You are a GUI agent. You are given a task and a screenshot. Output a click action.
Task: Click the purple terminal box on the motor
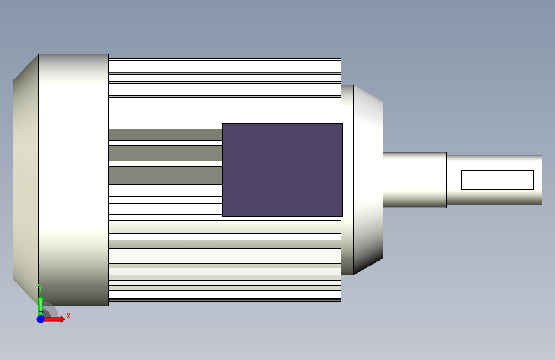(282, 170)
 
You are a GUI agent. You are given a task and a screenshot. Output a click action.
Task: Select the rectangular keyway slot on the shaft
(497, 180)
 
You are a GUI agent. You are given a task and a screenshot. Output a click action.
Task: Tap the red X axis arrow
(53, 319)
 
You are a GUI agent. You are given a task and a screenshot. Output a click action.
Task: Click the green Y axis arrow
(41, 306)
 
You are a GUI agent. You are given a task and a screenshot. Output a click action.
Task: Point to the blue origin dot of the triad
(41, 319)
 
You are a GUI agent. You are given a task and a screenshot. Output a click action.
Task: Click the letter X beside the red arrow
(68, 316)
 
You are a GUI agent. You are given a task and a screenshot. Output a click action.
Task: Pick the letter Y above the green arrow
(40, 288)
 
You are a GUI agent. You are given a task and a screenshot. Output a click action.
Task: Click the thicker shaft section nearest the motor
(415, 179)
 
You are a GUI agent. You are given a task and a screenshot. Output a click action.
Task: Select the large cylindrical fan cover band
(74, 179)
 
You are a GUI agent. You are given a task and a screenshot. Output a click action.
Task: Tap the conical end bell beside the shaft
(368, 179)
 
